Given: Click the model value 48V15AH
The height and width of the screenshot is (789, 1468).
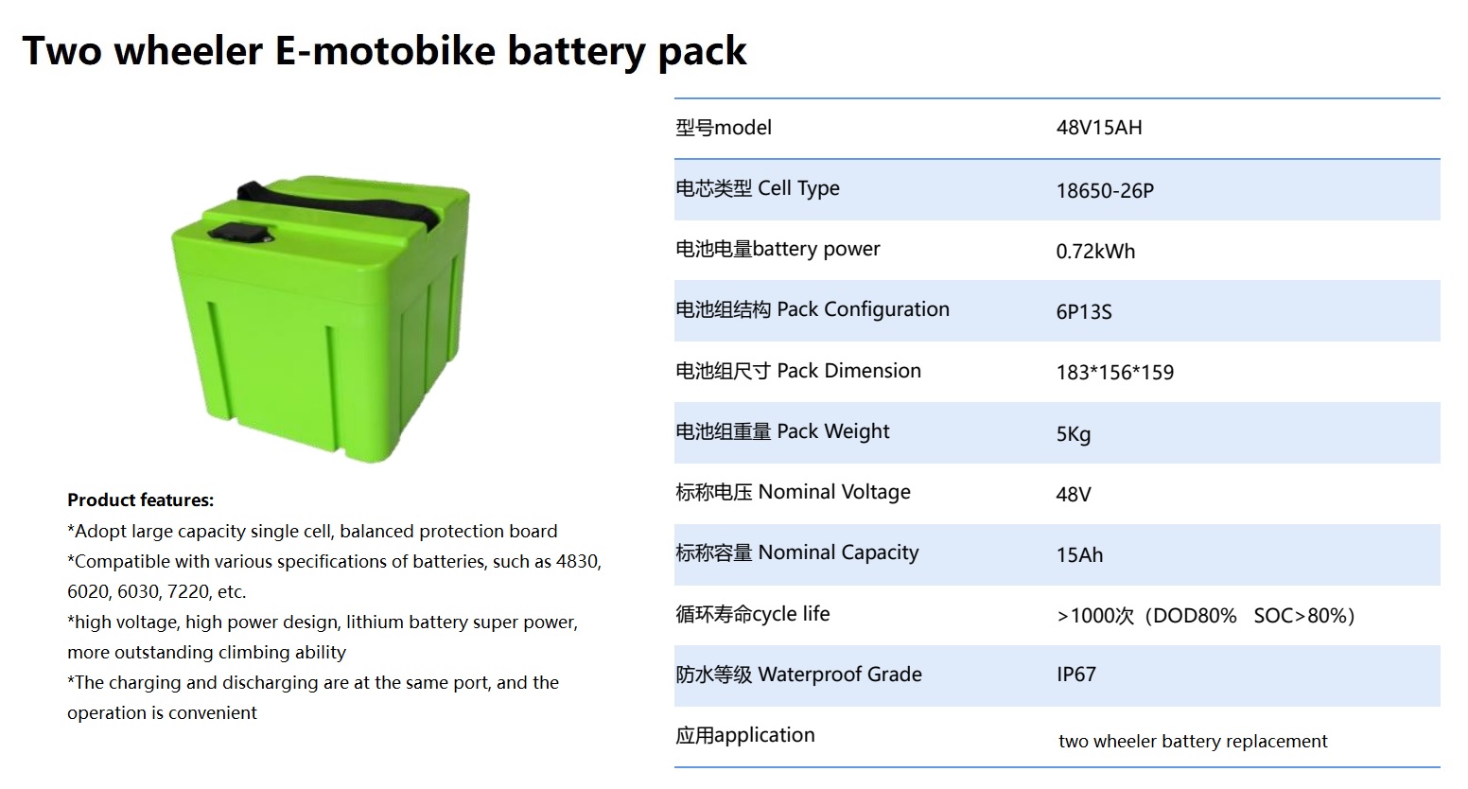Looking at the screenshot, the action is point(1099,127).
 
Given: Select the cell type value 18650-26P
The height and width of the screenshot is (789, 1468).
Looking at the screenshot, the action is point(1105,191).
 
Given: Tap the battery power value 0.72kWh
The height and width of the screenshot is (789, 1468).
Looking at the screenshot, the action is point(1095,251).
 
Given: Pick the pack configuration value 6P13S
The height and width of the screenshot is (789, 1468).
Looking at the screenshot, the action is point(1084,311).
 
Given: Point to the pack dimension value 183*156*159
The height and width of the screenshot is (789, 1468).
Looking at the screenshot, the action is point(1115,372).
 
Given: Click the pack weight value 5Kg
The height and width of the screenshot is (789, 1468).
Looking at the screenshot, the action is point(1074,434).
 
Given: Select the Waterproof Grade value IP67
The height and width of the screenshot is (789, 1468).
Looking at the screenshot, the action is point(1076,675).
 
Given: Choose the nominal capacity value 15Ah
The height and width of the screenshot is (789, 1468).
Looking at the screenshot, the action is point(1079,555).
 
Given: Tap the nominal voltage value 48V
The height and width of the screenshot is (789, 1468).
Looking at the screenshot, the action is point(1074,494).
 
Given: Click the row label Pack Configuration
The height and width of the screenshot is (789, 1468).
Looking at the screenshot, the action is point(863,309).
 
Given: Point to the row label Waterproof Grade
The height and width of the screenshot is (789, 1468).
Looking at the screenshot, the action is point(840,675).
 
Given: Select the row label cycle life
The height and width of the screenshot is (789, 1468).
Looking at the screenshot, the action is point(791,614).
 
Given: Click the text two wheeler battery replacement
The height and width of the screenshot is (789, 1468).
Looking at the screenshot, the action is point(1193,741).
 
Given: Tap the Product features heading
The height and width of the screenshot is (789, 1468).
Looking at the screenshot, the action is point(140,500).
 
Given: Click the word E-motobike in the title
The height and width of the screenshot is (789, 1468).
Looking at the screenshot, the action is point(385,50).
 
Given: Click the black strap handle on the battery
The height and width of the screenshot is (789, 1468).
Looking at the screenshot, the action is point(341,202).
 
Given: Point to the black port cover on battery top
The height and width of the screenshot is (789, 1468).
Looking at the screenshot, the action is point(238,233).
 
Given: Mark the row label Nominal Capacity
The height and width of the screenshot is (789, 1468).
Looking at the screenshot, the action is point(838,553).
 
